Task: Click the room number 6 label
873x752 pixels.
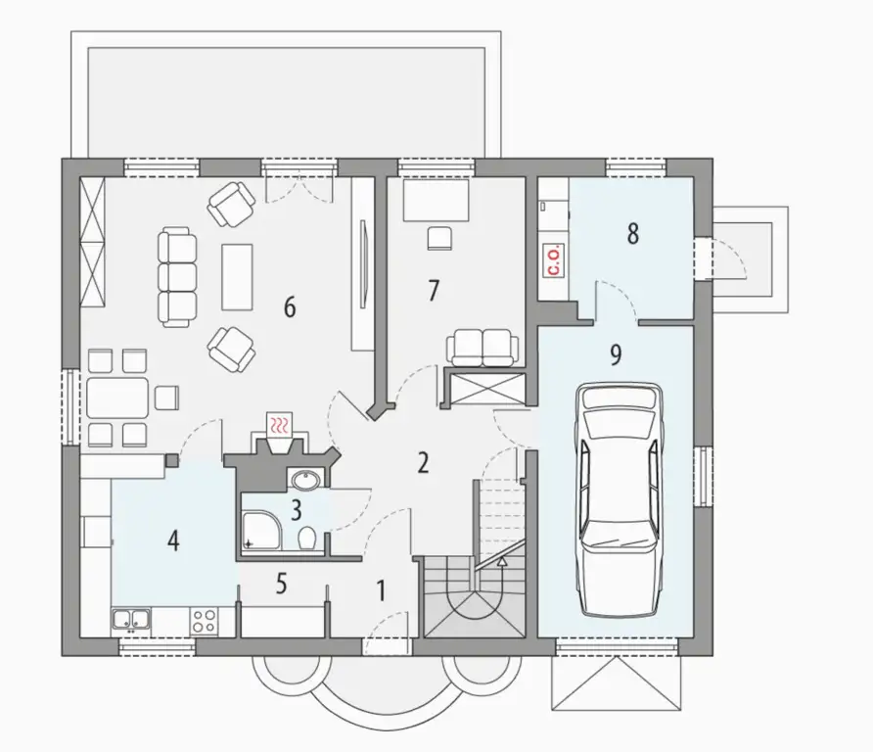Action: [x=290, y=306]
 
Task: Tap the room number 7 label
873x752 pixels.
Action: [x=434, y=290]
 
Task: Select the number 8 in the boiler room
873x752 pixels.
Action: [x=632, y=234]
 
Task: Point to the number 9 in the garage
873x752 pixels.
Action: [x=616, y=354]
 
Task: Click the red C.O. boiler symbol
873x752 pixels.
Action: [x=555, y=260]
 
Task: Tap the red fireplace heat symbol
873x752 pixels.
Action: [x=280, y=425]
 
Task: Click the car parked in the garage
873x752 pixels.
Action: [x=620, y=499]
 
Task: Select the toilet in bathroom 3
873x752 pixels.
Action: [x=307, y=539]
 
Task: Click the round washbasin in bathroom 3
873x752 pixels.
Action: [x=304, y=480]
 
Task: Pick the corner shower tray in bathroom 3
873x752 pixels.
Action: [x=261, y=532]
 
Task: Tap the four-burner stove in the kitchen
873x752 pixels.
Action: [x=204, y=621]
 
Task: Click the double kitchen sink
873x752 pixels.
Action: [x=131, y=620]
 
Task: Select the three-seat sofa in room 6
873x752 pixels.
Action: [x=177, y=277]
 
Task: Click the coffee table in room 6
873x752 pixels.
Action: [x=237, y=277]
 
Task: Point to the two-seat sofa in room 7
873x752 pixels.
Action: [x=482, y=348]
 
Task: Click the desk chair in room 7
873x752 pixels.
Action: [x=439, y=238]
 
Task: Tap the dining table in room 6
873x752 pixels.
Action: [x=117, y=398]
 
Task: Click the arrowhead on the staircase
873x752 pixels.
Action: [x=502, y=561]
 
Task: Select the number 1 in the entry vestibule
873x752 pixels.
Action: [x=382, y=591]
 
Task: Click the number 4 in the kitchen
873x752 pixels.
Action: [x=173, y=540]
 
